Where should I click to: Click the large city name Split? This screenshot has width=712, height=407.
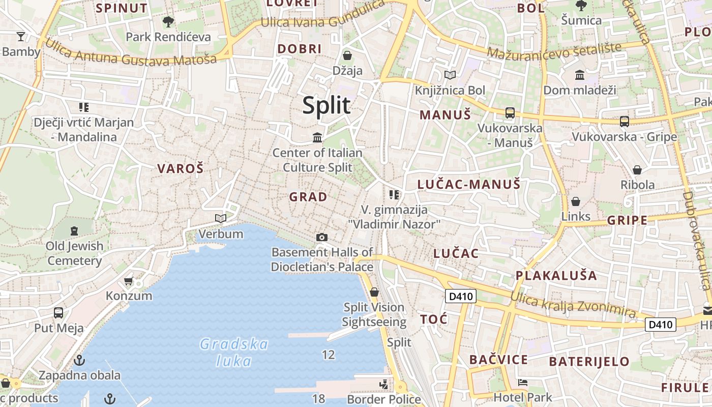pyautogui.click(x=327, y=105)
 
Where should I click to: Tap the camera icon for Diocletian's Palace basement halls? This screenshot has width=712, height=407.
pyautogui.click(x=322, y=237)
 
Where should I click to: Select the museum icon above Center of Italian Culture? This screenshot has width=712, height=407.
pyautogui.click(x=318, y=137)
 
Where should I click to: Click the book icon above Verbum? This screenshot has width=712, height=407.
pyautogui.click(x=220, y=219)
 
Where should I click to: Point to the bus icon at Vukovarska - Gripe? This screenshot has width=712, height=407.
pyautogui.click(x=625, y=122)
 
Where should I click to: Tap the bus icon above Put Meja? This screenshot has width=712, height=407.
pyautogui.click(x=58, y=313)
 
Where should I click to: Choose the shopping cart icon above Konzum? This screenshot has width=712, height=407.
pyautogui.click(x=129, y=281)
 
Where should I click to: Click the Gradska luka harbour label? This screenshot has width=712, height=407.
pyautogui.click(x=234, y=353)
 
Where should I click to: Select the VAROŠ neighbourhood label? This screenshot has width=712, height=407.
pyautogui.click(x=181, y=169)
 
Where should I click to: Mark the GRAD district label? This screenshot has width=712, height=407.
pyautogui.click(x=308, y=197)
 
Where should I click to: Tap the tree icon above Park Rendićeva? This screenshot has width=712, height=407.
pyautogui.click(x=168, y=22)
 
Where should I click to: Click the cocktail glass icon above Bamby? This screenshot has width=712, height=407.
pyautogui.click(x=21, y=36)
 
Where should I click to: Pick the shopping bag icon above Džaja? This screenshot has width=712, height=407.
pyautogui.click(x=348, y=55)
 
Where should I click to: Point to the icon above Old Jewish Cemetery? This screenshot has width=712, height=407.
pyautogui.click(x=74, y=231)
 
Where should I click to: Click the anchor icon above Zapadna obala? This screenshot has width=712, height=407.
pyautogui.click(x=79, y=361)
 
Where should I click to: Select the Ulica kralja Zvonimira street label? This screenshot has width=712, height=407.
pyautogui.click(x=573, y=305)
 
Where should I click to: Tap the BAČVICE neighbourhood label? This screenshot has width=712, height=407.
pyautogui.click(x=498, y=360)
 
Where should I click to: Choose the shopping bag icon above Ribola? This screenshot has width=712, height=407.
pyautogui.click(x=637, y=170)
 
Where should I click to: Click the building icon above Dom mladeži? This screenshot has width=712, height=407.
pyautogui.click(x=580, y=76)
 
